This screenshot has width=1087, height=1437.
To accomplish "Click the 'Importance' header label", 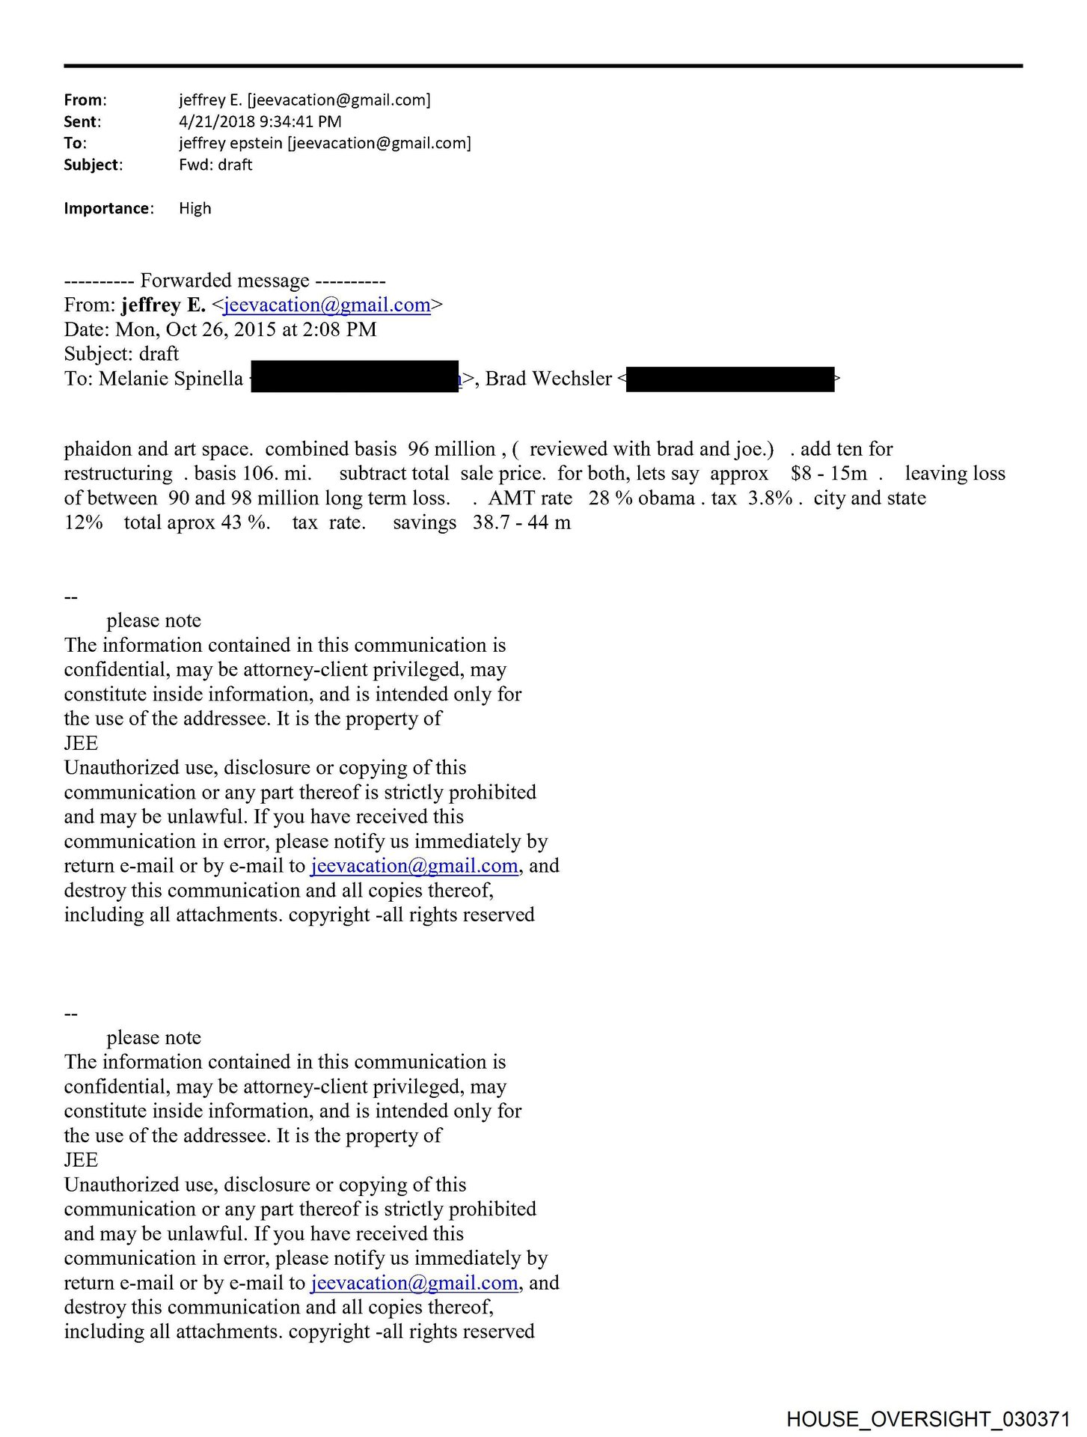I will click(x=108, y=208).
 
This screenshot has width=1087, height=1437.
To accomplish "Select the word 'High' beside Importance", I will click(x=195, y=208).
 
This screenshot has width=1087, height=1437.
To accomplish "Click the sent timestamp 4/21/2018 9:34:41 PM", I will click(x=260, y=121).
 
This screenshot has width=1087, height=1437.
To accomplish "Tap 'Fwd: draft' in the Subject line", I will click(x=215, y=165).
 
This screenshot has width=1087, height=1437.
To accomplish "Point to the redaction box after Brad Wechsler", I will click(x=729, y=379).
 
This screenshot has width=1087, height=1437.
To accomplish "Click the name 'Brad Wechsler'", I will click(x=548, y=379).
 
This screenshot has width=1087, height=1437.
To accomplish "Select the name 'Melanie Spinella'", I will click(x=171, y=379).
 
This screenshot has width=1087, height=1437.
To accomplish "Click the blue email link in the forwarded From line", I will click(x=327, y=305).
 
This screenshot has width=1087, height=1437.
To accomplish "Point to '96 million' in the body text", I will click(x=452, y=449).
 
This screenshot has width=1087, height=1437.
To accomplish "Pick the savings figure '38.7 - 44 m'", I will click(x=521, y=522).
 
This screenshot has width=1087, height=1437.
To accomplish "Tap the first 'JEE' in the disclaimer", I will click(x=81, y=743).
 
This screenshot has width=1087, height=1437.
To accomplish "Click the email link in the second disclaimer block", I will click(x=414, y=1283).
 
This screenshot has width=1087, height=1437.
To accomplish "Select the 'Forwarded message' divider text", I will click(x=224, y=281).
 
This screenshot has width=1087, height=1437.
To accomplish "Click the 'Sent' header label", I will click(x=82, y=121).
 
